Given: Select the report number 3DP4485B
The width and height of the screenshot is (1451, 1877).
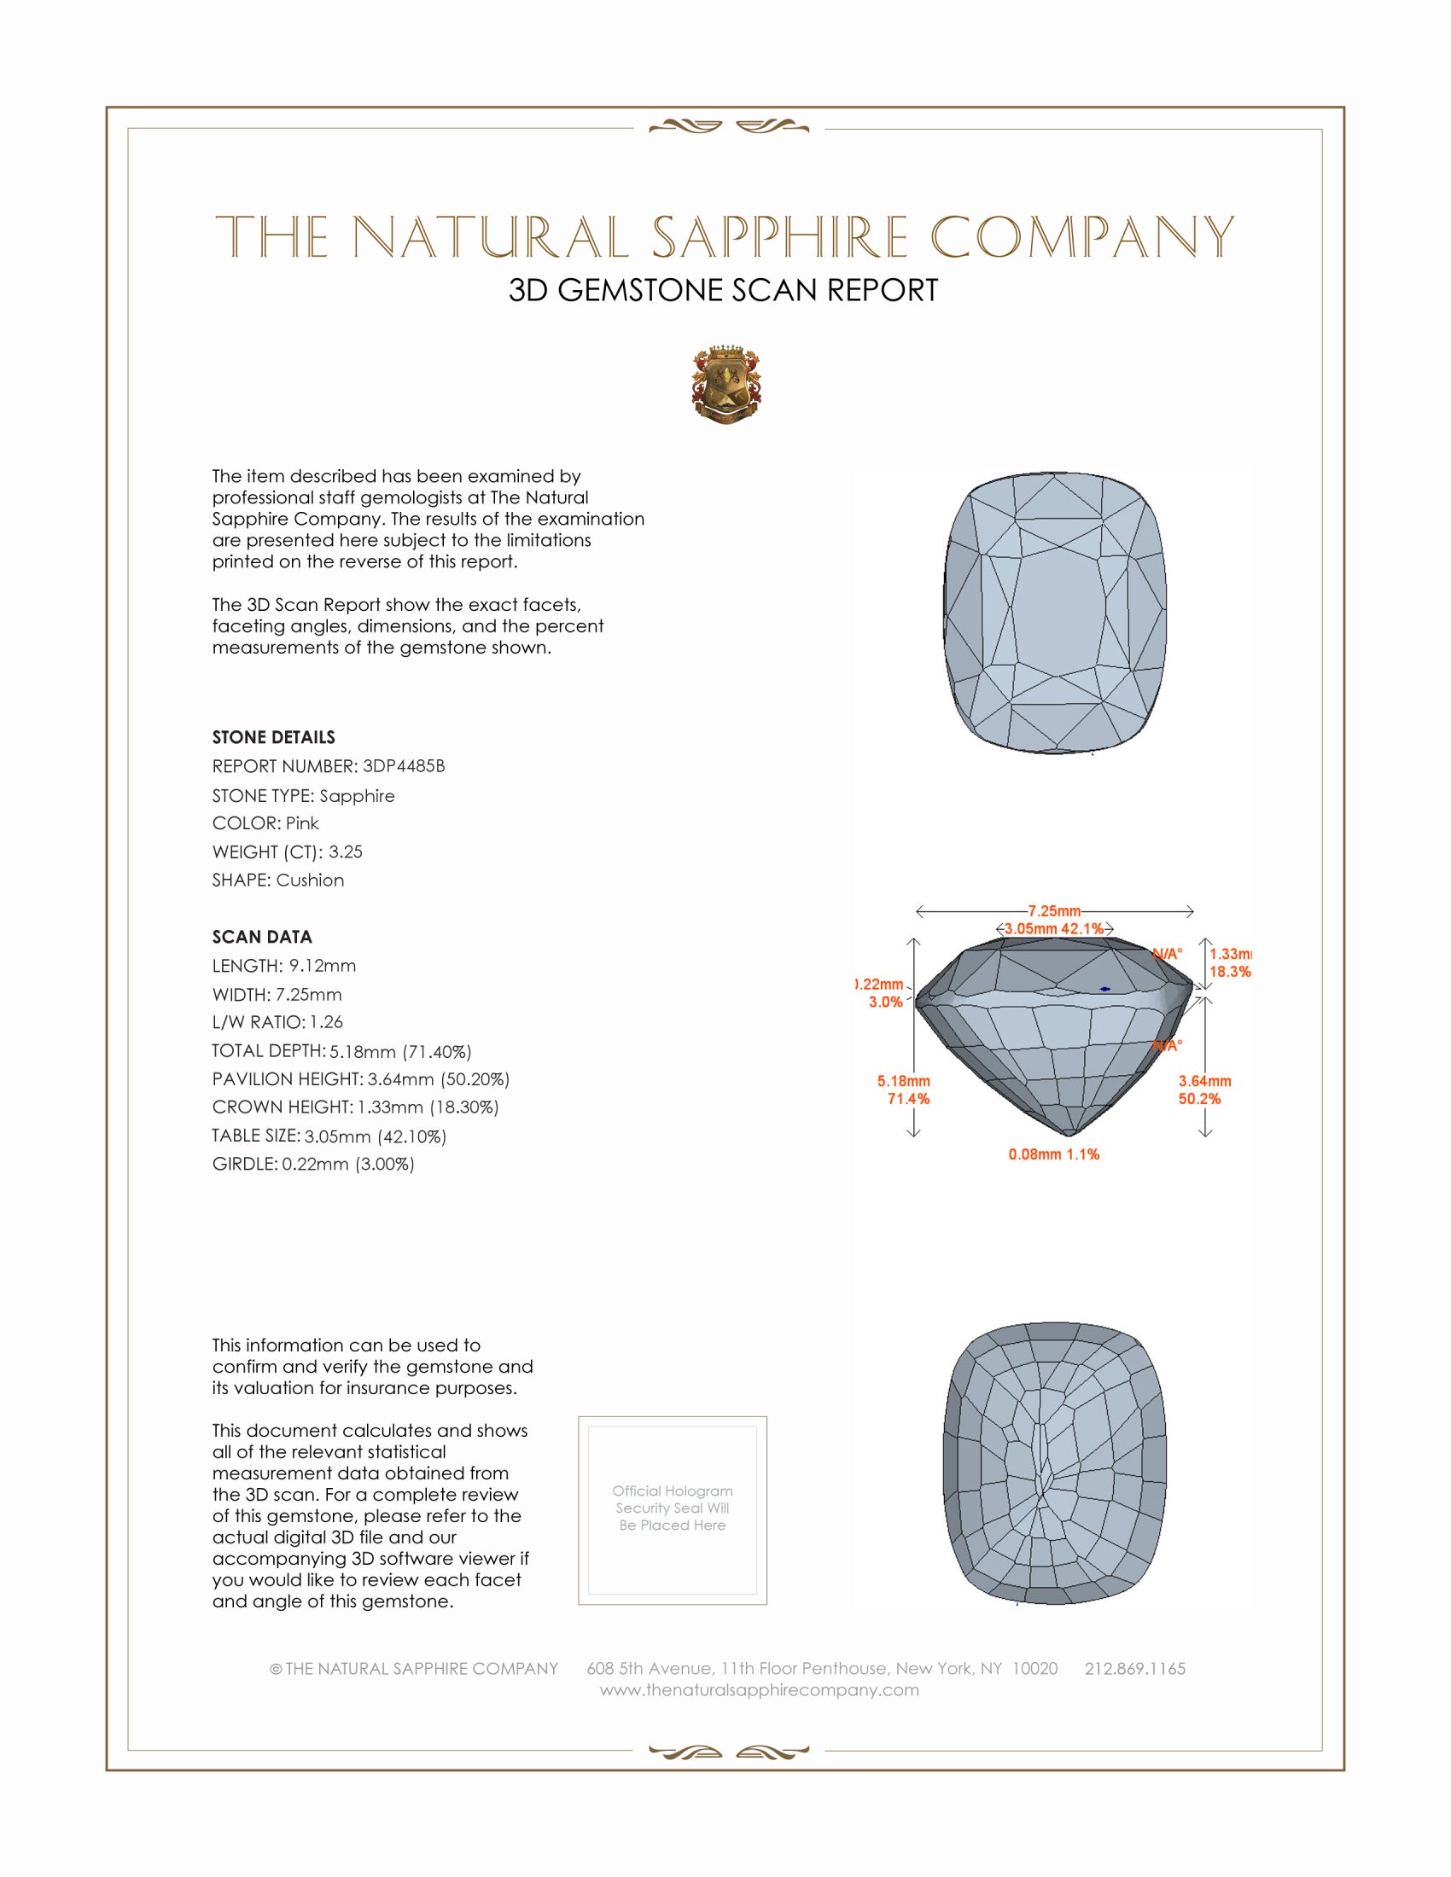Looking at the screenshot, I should point(403,766).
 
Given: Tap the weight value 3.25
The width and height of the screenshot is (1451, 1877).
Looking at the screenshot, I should point(345,851).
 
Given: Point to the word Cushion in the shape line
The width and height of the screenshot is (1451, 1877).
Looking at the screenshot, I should point(310,880).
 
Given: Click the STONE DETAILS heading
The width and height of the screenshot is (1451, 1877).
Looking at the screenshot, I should point(273,737).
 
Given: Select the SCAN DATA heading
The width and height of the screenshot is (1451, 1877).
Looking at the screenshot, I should point(262,937).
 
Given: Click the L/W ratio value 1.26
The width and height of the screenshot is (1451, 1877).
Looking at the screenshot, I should point(326,1022).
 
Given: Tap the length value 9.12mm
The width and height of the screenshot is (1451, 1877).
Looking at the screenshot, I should point(322,965).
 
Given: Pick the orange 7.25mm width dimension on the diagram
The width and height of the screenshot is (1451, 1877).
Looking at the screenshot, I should point(1054,911).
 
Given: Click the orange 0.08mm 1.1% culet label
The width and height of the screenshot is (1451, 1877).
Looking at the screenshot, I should point(1054,1154).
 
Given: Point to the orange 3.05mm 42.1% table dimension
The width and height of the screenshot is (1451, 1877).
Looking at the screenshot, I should point(1054,929).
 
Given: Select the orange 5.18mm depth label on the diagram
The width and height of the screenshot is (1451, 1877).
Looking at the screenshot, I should point(903,1081).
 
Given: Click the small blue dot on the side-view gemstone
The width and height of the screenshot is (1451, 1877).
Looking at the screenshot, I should point(1104,989).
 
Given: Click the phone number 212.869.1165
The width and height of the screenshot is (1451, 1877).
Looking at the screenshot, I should point(1134,1668).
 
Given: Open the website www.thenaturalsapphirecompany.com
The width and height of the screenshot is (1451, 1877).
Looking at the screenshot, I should point(759,1689).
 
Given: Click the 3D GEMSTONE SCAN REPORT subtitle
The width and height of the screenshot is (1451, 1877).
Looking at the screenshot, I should point(723,290).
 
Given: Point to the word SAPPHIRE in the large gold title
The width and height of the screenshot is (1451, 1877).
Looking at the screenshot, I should point(779,237).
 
